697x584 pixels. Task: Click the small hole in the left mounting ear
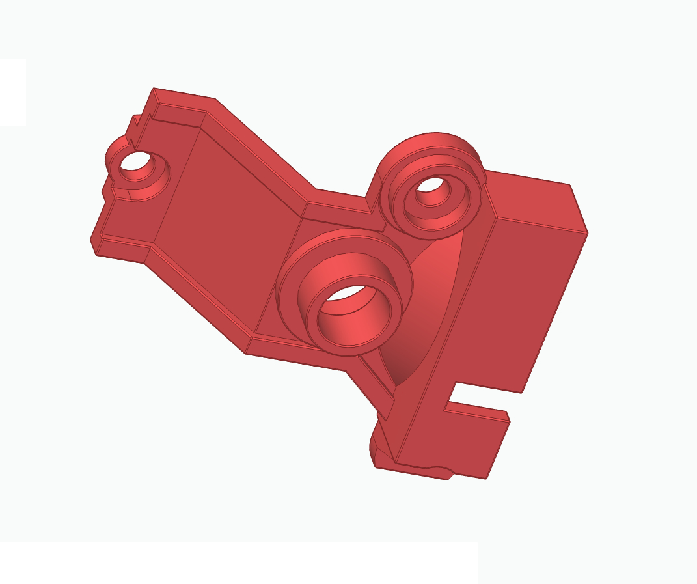pos(135,161)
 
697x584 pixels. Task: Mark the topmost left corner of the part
pos(154,89)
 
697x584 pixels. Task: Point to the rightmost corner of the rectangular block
pos(587,232)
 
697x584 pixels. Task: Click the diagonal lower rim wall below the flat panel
pos(195,303)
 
